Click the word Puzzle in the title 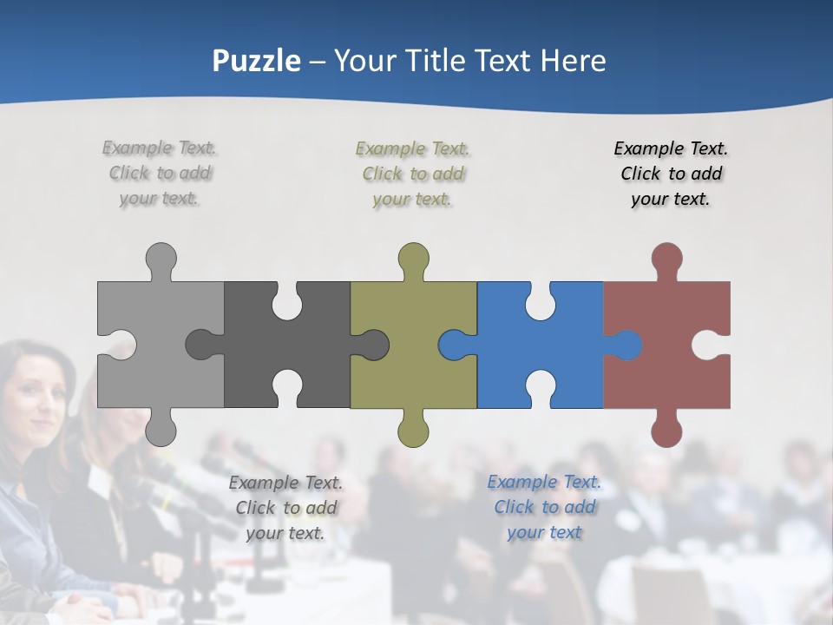pos(257,61)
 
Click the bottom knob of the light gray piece pos(161,429)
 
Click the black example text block pos(671,174)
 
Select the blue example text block pos(544,507)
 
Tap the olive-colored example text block pos(413,174)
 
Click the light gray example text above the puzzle pos(160,174)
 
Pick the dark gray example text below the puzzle pos(285,508)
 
